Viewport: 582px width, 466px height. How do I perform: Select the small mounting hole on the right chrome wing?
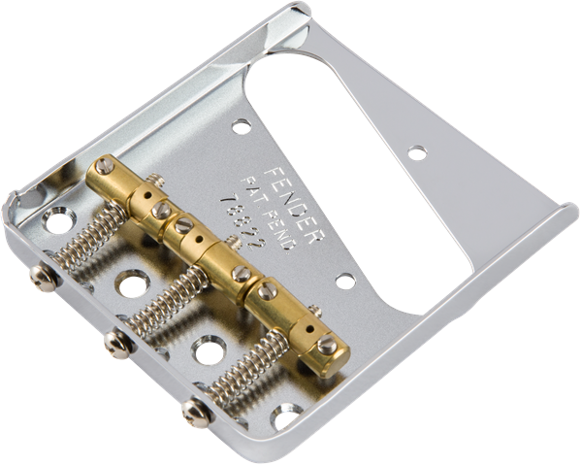(x=416, y=151)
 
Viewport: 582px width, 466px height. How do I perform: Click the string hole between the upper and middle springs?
(x=129, y=285)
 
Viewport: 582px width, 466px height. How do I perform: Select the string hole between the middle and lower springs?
(x=208, y=349)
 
